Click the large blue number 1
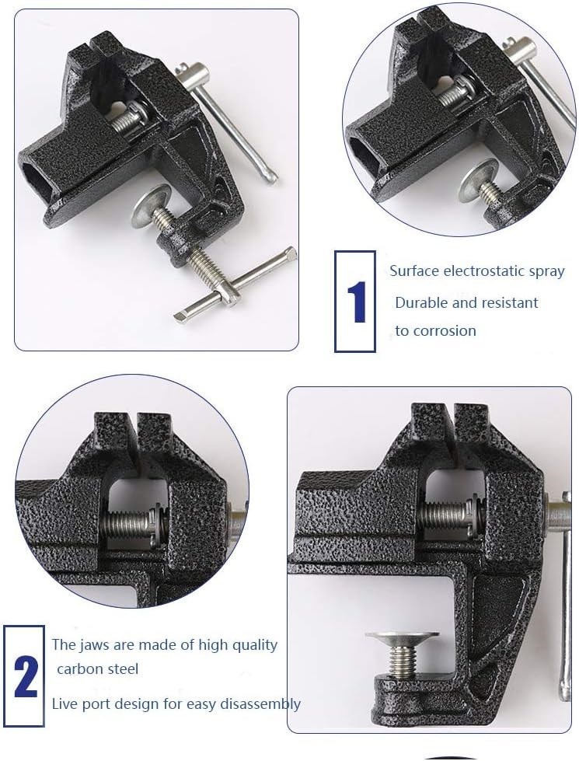(357, 302)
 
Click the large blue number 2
(25, 677)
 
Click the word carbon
(78, 669)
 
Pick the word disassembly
(260, 704)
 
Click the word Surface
(414, 271)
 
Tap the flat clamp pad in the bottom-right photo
(402, 635)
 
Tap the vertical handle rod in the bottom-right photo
(564, 596)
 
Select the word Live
(65, 703)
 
